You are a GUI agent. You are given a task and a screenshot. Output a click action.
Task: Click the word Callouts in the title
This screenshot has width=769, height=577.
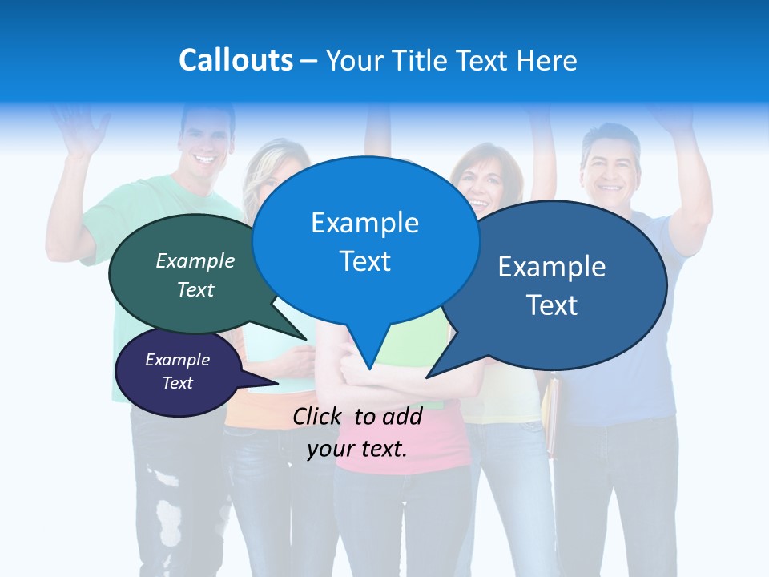click(236, 60)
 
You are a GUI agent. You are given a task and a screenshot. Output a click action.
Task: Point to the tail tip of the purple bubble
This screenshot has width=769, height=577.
click(278, 383)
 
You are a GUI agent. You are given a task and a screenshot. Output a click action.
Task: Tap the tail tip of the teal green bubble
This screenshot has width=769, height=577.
click(307, 340)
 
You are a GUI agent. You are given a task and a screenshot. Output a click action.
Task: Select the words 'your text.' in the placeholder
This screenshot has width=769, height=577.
click(357, 449)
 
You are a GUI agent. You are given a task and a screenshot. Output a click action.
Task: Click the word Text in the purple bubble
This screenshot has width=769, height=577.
click(178, 383)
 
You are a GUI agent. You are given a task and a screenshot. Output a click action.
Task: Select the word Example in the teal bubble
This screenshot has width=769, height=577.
click(195, 260)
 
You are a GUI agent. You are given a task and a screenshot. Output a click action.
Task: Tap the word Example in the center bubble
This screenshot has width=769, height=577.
click(364, 222)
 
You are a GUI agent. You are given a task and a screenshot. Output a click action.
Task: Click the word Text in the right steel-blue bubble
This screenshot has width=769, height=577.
click(552, 305)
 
